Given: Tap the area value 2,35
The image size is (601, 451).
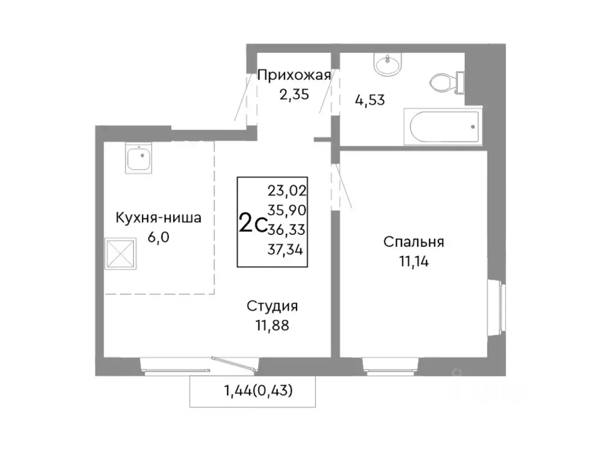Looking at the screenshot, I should coord(294,95).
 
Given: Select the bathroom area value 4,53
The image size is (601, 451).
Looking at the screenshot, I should coord(369,99).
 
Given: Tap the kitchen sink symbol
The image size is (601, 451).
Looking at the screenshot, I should coord(139,159).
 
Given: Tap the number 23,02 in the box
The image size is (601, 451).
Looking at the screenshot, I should coord(288,190).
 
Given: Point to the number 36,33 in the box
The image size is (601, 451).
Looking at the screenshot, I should coord(288,228).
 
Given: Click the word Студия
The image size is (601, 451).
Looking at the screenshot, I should coord(272,306).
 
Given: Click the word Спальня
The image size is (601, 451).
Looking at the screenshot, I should coord(414,242).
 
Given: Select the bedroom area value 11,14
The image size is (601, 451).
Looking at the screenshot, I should coord(414,262).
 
